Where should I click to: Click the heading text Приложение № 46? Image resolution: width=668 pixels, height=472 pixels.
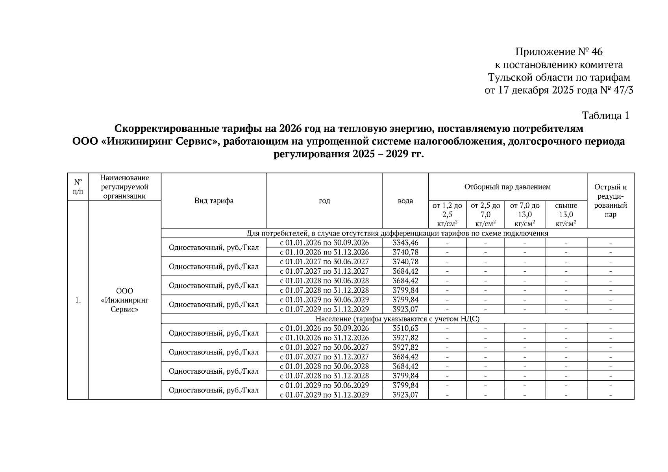point(559,52)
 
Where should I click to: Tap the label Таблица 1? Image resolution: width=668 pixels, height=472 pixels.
point(605,116)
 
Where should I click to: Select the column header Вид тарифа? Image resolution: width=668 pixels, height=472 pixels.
point(214,201)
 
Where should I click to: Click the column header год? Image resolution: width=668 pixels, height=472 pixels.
point(324,201)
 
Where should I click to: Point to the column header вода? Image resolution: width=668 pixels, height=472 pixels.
point(405,201)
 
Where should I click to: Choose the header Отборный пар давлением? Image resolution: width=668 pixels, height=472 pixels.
point(507,187)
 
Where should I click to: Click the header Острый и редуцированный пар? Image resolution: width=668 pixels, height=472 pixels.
point(611,201)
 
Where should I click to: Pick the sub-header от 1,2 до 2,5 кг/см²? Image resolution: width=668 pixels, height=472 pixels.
point(447,214)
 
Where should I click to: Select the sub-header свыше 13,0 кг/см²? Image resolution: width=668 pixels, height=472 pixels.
point(566,214)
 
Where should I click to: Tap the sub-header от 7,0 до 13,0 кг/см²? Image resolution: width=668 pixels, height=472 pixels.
point(525,214)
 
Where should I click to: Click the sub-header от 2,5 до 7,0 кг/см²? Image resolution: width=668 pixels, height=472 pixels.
point(485,214)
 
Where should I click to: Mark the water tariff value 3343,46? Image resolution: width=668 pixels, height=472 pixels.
point(405,243)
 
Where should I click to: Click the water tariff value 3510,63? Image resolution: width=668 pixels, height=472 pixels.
point(405,328)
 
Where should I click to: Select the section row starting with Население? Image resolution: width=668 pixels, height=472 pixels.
point(398,319)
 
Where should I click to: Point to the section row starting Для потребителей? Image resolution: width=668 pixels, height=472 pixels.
point(398,233)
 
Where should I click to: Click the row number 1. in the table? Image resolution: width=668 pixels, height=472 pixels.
point(78,300)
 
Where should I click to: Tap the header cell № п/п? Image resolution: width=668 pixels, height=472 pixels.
point(78,187)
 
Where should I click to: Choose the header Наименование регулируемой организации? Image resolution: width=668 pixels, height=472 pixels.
point(124,187)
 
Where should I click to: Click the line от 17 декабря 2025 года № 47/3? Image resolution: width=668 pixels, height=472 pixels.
point(559,90)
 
